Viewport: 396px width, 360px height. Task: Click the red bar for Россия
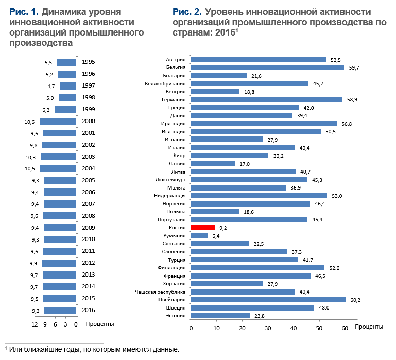tap(202, 227)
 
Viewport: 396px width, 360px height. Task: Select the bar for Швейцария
tap(268, 299)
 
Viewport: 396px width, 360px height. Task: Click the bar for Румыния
tap(199, 235)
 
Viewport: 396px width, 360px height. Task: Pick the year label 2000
tap(89, 122)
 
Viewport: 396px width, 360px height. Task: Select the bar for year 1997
tap(67, 86)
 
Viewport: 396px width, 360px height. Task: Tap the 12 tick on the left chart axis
tap(35, 324)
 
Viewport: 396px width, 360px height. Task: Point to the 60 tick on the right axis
tap(345, 327)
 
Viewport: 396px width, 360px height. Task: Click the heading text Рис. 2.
tap(187, 12)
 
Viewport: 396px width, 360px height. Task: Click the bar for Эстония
tap(220, 315)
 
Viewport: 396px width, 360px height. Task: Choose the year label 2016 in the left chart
tap(89, 311)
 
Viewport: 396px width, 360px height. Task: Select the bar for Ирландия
tap(264, 123)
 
